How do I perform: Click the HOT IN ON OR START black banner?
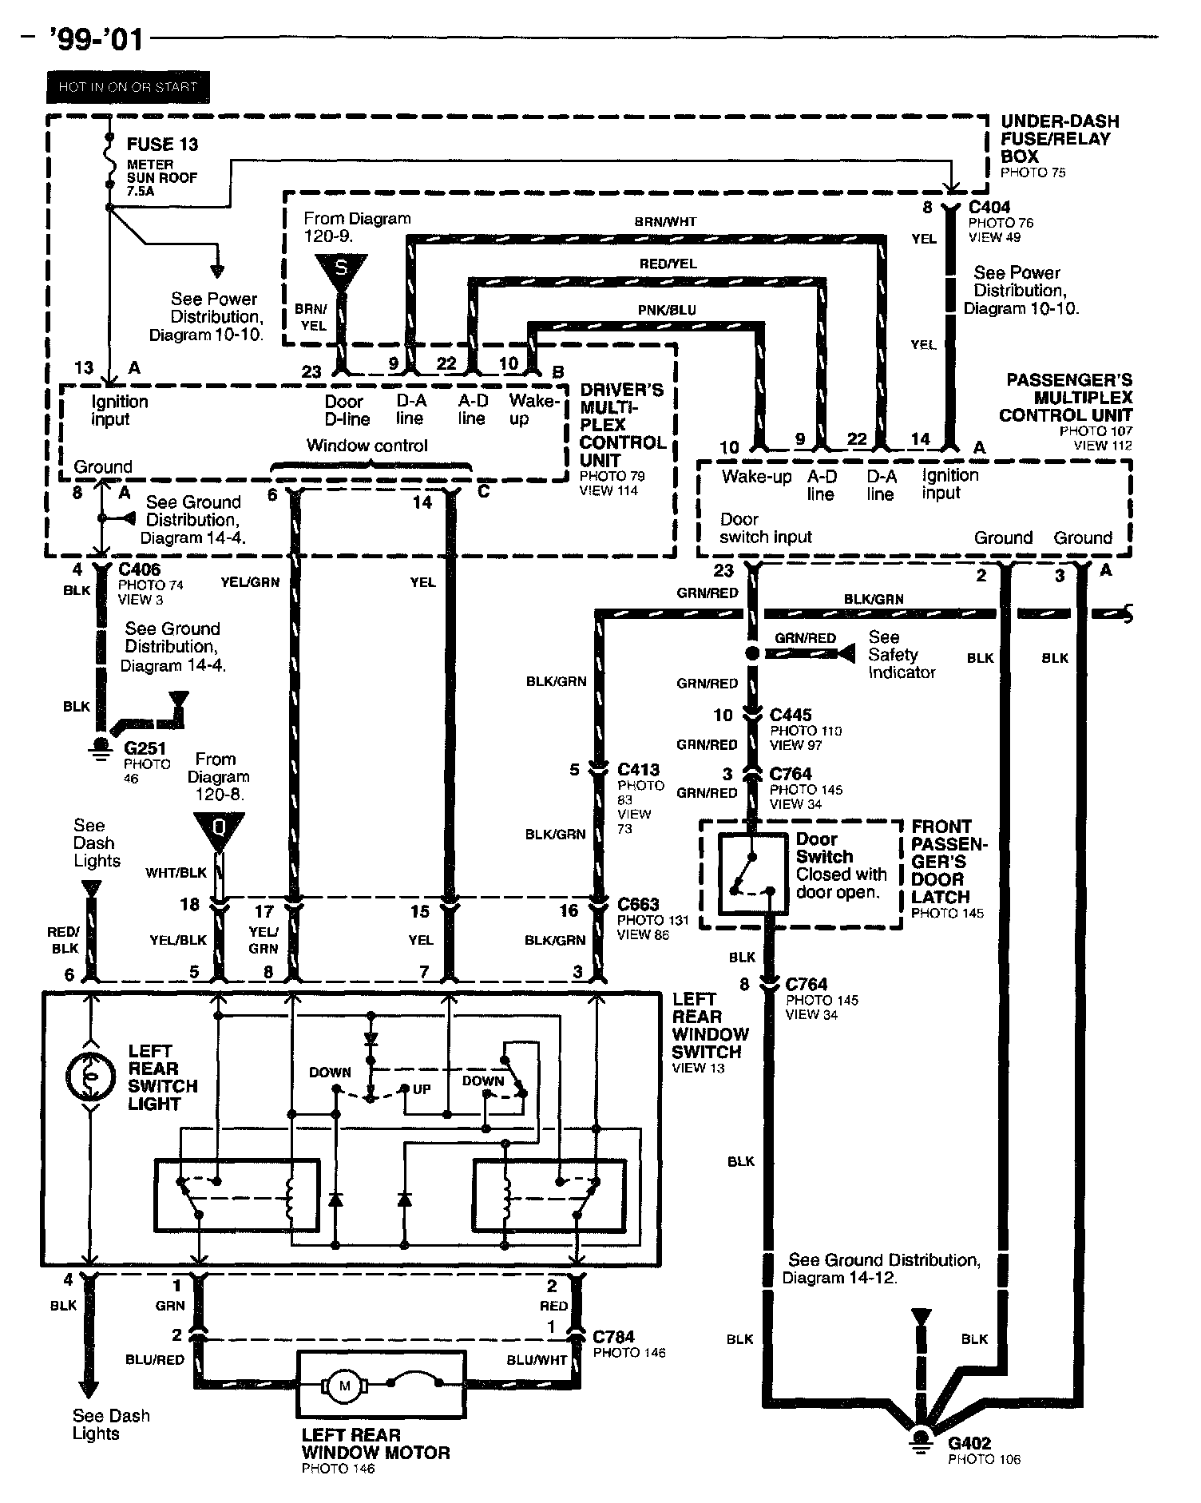127,87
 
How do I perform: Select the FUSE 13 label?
162,145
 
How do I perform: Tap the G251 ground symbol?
101,749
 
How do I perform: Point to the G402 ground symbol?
921,1437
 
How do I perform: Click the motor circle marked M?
345,1386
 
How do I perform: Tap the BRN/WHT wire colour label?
665,222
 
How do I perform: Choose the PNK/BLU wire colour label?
667,310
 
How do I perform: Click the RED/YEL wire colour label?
668,264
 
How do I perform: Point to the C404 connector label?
989,208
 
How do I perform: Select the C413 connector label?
638,770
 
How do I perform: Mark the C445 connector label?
791,715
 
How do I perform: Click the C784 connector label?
613,1338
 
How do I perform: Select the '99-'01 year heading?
97,39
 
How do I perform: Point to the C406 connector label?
139,569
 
